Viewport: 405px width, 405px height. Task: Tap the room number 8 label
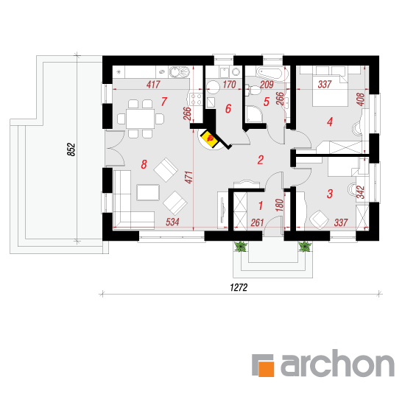(x=144, y=164)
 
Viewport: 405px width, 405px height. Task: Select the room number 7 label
(x=164, y=102)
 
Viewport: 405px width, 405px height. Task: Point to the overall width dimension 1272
(x=239, y=287)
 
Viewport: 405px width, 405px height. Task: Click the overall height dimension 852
(x=71, y=149)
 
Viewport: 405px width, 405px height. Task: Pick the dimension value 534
(x=172, y=222)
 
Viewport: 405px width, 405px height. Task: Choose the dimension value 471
(x=189, y=177)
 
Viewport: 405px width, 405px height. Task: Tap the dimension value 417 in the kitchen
(x=153, y=85)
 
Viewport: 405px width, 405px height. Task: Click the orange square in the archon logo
(x=266, y=369)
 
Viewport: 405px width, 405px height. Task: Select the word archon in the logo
(x=337, y=362)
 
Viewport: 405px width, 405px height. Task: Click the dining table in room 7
(x=140, y=119)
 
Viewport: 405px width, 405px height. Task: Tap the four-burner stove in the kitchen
(x=196, y=99)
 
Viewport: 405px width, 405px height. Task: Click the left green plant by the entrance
(x=241, y=246)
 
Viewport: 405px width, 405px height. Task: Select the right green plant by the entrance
(x=305, y=246)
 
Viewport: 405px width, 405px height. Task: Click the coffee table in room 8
(x=148, y=192)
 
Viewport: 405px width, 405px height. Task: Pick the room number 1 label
(x=261, y=206)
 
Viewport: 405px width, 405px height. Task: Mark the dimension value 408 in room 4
(x=360, y=99)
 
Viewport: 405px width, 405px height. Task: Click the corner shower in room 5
(x=253, y=113)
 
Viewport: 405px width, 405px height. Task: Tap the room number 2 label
(x=261, y=160)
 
